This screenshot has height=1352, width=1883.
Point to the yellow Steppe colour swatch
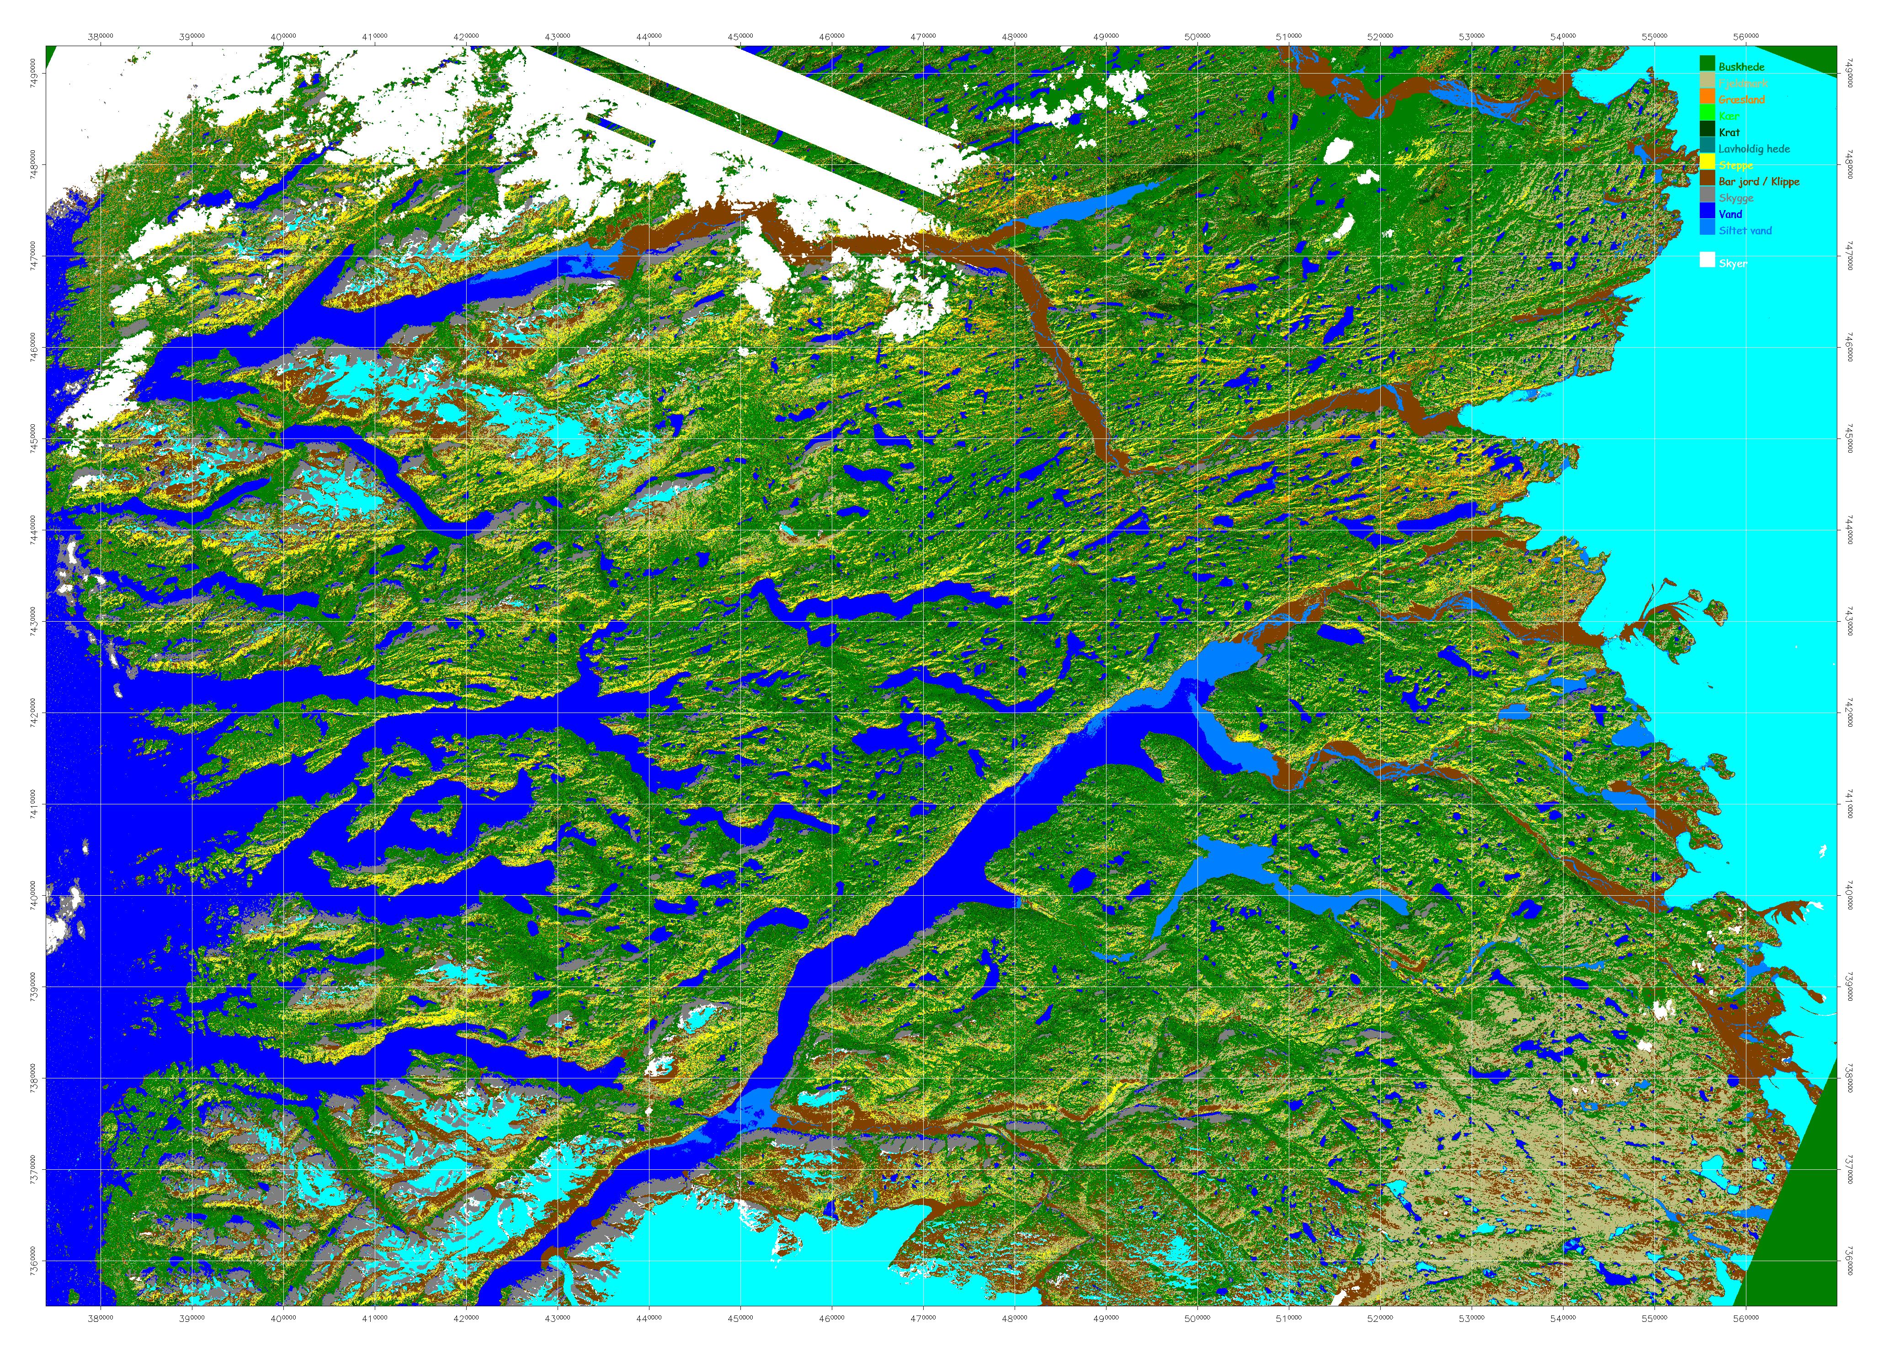(1707, 164)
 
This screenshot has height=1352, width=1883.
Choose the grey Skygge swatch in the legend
(1707, 197)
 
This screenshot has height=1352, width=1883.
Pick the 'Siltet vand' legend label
(1745, 231)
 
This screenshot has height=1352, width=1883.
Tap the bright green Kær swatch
(1707, 116)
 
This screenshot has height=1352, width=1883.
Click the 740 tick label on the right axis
(1850, 896)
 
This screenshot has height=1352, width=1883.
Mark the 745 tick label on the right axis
(1850, 439)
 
